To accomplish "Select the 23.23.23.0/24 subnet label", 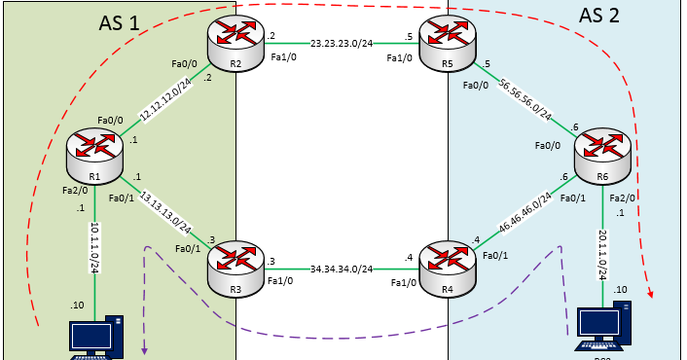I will [347, 44].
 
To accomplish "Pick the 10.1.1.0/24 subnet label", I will [95, 250].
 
